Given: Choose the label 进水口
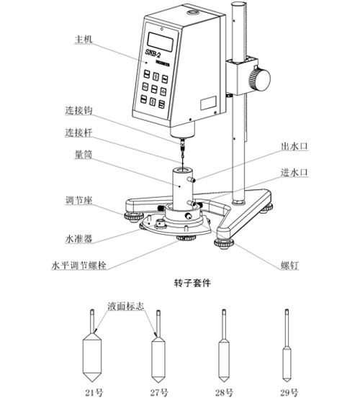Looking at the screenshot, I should [294, 173].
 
